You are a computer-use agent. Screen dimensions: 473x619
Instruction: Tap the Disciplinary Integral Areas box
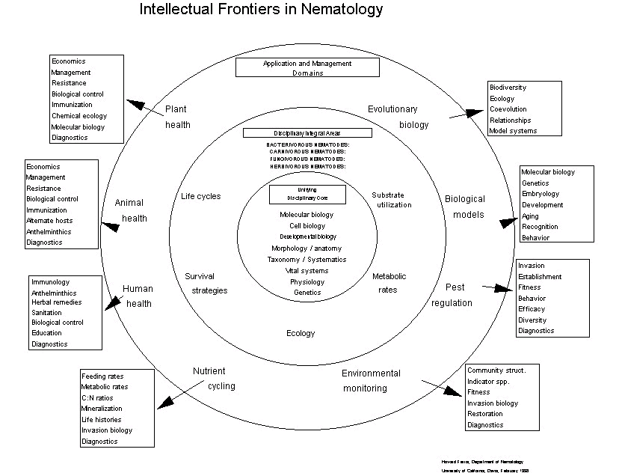pyautogui.click(x=307, y=132)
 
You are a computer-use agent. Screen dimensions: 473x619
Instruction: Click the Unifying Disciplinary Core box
pyautogui.click(x=307, y=195)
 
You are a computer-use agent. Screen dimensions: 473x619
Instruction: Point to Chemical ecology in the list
pyautogui.click(x=79, y=116)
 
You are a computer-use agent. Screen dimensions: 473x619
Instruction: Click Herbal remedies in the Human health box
pyautogui.click(x=57, y=302)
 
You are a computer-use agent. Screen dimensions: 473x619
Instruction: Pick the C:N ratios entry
pyautogui.click(x=97, y=398)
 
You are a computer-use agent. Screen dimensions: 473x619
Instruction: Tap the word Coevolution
pyautogui.click(x=508, y=109)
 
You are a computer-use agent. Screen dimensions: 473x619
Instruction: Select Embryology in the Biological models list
pyautogui.click(x=540, y=194)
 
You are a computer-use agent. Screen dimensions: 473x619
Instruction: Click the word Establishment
pyautogui.click(x=541, y=277)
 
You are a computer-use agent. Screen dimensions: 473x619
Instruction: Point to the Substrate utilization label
pyautogui.click(x=392, y=200)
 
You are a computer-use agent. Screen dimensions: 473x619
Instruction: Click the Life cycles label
pyautogui.click(x=201, y=197)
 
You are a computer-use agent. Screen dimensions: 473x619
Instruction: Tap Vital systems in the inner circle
pyautogui.click(x=307, y=271)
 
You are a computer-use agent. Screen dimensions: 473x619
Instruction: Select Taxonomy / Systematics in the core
pyautogui.click(x=307, y=260)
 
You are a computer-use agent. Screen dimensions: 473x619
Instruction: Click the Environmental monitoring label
pyautogui.click(x=372, y=380)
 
